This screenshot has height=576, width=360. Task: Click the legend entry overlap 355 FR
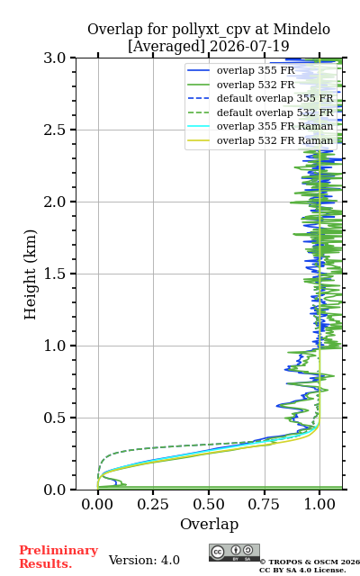pos(256,70)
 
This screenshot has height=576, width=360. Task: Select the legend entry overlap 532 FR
pos(256,85)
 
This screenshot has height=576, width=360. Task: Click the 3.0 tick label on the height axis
pos(55,58)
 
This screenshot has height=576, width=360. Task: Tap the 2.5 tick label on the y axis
pos(55,130)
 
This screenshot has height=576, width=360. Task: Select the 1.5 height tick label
pos(55,274)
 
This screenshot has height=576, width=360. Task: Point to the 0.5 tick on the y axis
pos(55,418)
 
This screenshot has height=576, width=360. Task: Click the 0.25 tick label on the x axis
pos(153,504)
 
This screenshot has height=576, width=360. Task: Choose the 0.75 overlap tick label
pos(264,504)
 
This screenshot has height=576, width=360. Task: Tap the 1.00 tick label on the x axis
pos(319,504)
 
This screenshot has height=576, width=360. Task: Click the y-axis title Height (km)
pos(30,274)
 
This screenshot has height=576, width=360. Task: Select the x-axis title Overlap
pos(209,524)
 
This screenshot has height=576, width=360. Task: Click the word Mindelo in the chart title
pos(301,29)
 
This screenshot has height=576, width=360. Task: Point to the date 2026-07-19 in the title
pos(249,46)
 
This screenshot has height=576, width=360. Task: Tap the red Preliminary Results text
pos(58,557)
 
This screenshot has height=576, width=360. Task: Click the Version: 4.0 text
pos(144,560)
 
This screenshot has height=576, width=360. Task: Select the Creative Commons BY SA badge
pos(234,553)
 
